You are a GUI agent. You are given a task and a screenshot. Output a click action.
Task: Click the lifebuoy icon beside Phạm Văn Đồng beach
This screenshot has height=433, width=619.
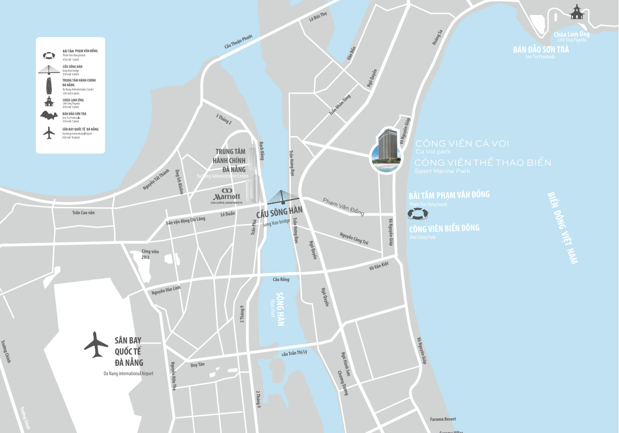pyautogui.click(x=418, y=214)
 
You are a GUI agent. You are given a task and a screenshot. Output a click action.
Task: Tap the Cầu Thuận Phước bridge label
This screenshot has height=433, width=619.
pyautogui.click(x=239, y=42)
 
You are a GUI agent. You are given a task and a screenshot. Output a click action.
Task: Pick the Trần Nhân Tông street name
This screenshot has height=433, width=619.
pyautogui.click(x=340, y=104)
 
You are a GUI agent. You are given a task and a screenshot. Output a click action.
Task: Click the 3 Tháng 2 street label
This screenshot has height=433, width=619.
pyautogui.click(x=224, y=119)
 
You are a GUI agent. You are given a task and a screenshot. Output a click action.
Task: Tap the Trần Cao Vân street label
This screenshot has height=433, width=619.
pyautogui.click(x=83, y=212)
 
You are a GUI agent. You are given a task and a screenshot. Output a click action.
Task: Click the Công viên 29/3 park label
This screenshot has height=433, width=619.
pyautogui.click(x=150, y=254)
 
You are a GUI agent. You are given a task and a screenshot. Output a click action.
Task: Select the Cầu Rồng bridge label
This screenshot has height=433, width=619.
pyautogui.click(x=280, y=279)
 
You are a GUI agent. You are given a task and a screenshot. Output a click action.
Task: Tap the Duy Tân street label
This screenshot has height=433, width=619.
pyautogui.click(x=197, y=365)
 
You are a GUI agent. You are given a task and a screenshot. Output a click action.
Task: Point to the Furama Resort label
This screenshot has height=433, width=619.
pyautogui.click(x=443, y=419)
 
